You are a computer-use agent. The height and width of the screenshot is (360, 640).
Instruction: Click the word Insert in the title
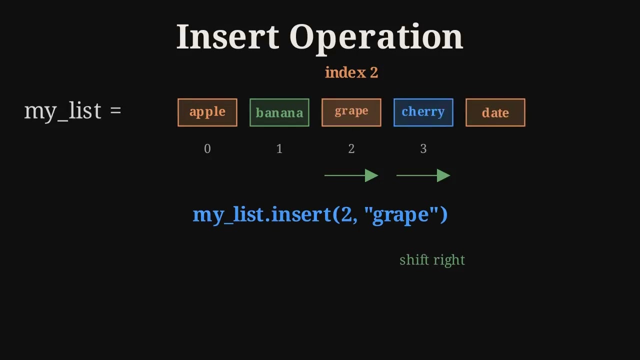point(227,37)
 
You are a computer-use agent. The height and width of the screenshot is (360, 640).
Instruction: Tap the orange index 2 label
point(351,72)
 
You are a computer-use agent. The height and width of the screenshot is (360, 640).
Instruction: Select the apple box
point(207,112)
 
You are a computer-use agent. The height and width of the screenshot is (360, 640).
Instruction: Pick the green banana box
point(279,112)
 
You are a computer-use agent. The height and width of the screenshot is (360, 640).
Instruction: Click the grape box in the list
point(351,112)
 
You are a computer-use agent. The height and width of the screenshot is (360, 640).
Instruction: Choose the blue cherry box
point(423,112)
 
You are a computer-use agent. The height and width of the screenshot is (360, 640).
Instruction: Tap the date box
point(495,112)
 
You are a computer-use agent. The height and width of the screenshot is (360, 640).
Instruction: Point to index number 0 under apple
point(207,148)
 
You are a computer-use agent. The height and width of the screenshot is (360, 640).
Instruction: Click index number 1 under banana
point(279,148)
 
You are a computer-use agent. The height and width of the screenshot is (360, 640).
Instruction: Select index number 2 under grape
point(351,148)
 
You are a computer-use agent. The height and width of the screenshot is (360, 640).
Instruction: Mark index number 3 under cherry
point(423,148)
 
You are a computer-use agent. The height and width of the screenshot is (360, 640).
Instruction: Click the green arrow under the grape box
point(351,175)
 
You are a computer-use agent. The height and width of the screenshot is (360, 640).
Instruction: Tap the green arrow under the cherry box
point(423,175)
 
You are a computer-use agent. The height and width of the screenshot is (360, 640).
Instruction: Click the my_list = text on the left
point(73,110)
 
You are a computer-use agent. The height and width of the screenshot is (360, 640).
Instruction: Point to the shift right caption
point(432,260)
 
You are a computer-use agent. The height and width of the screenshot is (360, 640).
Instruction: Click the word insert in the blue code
point(301,214)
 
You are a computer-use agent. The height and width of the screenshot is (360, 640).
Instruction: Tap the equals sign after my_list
point(115,110)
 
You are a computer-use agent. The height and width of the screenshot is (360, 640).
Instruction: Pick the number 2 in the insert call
point(346,214)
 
